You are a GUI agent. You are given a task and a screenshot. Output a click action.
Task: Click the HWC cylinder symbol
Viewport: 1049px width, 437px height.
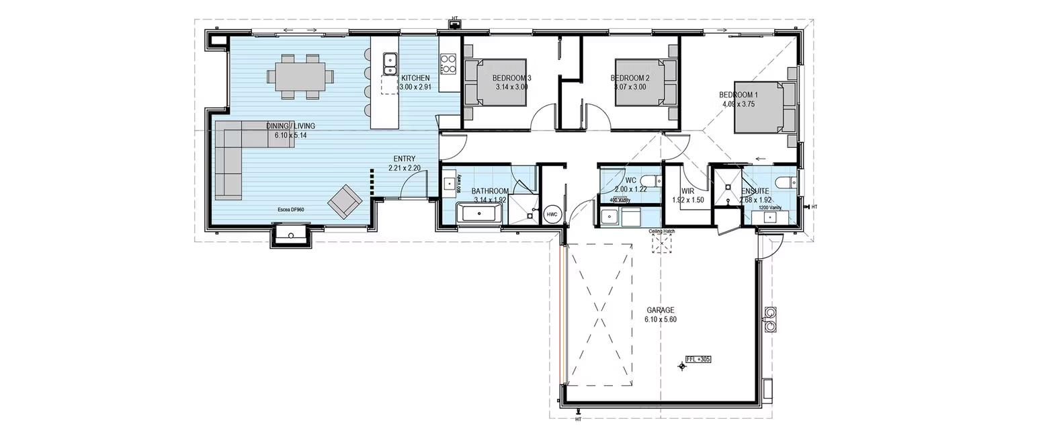tap(552, 214)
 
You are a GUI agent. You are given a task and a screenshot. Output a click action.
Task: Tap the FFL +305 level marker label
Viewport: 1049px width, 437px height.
tap(698, 360)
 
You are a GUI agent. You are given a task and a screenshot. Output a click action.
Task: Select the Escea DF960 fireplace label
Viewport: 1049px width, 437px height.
tap(291, 210)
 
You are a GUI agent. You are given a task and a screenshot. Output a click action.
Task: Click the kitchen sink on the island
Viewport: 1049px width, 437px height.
tap(390, 64)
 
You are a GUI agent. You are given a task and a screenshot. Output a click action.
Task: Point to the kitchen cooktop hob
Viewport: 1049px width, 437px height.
tap(448, 64)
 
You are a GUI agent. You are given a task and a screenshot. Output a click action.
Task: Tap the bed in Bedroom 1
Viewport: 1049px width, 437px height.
tap(762, 108)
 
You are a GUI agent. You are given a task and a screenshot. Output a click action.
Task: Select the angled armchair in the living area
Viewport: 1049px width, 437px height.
tap(343, 200)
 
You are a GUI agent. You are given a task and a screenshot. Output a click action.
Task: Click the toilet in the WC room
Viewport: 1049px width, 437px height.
tap(650, 180)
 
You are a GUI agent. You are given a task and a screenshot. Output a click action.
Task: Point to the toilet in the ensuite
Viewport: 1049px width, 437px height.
tap(784, 182)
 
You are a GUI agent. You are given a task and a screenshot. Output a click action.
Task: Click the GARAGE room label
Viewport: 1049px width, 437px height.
tap(660, 310)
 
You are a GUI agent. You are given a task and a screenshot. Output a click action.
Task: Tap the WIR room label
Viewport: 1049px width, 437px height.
tap(687, 192)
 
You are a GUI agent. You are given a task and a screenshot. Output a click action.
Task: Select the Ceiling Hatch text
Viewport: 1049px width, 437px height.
tap(661, 231)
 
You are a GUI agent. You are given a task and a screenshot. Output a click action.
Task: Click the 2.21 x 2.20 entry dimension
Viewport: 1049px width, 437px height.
tap(404, 168)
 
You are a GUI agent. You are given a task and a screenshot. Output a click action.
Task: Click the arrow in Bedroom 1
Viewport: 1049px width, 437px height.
tap(760, 159)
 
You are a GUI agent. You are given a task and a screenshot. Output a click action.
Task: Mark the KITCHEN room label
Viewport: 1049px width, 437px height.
tap(415, 78)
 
